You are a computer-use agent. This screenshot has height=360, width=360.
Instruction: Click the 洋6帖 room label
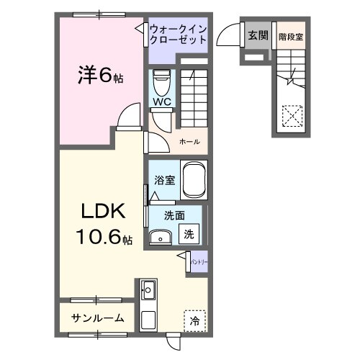click(99, 74)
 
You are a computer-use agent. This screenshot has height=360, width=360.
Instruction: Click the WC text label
click(161, 102)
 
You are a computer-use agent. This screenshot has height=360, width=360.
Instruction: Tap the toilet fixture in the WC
click(161, 81)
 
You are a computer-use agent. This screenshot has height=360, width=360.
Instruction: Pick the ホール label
click(189, 141)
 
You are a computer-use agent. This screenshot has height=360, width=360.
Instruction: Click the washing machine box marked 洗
click(188, 233)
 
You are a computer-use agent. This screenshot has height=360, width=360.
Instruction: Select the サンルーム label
click(97, 318)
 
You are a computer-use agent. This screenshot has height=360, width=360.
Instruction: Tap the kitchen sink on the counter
click(149, 292)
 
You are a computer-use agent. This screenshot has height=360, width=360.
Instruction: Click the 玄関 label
click(257, 35)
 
